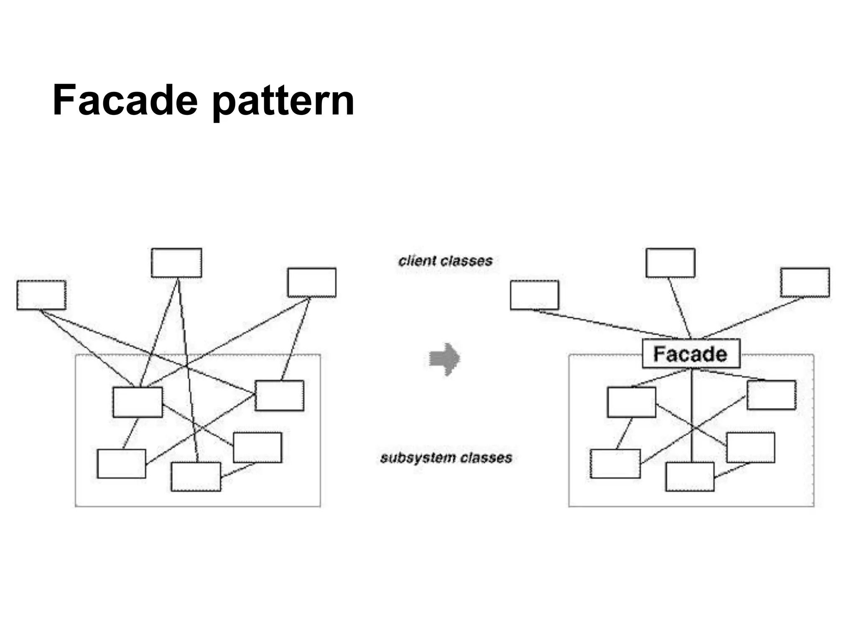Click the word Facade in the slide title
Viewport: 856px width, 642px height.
[125, 101]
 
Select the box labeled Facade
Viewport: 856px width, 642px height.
[690, 354]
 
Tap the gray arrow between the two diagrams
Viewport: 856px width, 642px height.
[445, 359]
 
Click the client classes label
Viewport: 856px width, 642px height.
[446, 261]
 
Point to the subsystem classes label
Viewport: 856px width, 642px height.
[446, 458]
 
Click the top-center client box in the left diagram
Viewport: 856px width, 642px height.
[176, 263]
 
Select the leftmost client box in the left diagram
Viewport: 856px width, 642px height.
[41, 295]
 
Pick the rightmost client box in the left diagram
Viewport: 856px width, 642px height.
[312, 283]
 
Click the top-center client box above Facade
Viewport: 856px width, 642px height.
[670, 263]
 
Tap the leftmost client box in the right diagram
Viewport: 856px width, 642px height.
[534, 295]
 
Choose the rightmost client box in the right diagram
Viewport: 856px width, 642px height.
[805, 283]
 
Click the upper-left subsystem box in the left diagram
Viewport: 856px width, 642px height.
[138, 402]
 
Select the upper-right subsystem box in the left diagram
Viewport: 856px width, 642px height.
[279, 395]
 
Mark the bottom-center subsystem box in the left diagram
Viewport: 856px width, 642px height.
[196, 476]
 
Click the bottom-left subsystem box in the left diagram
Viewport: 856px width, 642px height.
[122, 464]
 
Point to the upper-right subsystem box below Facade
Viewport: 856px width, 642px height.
[771, 395]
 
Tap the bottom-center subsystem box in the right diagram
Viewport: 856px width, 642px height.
[690, 476]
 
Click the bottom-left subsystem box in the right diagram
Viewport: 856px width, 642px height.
[615, 464]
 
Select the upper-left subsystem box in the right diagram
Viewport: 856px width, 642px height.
[632, 402]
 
